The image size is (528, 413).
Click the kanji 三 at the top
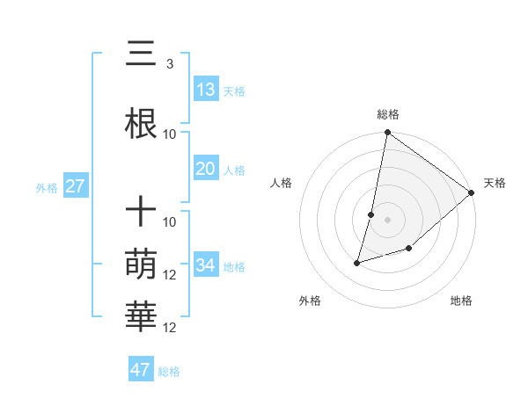coord(142,56)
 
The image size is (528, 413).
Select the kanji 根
coord(142,120)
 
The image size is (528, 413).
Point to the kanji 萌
coord(142,262)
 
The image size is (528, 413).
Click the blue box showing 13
coord(206,89)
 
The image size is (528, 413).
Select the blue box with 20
coord(206,169)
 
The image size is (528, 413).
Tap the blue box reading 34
coord(206,265)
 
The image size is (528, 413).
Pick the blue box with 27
coord(75,186)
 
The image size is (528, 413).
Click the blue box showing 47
coord(141,370)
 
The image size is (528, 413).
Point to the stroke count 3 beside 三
coord(169,64)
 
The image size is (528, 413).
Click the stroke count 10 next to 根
coord(170,134)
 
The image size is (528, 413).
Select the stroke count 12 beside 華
coord(170,328)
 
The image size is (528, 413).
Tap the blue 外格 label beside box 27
coord(47,188)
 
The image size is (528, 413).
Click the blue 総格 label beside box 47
coord(169,372)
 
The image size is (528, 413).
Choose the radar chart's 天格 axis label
coord(495,183)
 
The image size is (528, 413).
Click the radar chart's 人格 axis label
coord(282,183)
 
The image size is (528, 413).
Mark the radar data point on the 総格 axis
coord(387,133)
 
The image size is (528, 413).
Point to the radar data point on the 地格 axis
coord(409,250)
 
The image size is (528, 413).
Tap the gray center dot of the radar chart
coord(387,220)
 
